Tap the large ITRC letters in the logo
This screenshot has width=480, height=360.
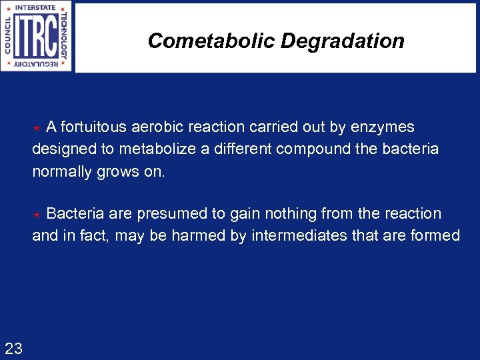(37, 36)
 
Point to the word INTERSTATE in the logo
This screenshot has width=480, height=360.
(37, 8)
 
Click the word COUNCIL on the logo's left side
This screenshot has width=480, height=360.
(8, 37)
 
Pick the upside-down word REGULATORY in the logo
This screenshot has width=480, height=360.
(37, 65)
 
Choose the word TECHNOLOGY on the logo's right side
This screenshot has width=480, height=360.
(65, 37)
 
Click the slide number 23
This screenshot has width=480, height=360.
(13, 347)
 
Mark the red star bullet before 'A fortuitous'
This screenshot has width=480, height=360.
(38, 128)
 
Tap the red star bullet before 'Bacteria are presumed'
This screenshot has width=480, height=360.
(38, 215)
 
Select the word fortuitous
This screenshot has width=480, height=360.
(93, 127)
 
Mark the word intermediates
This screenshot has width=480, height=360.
(302, 235)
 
